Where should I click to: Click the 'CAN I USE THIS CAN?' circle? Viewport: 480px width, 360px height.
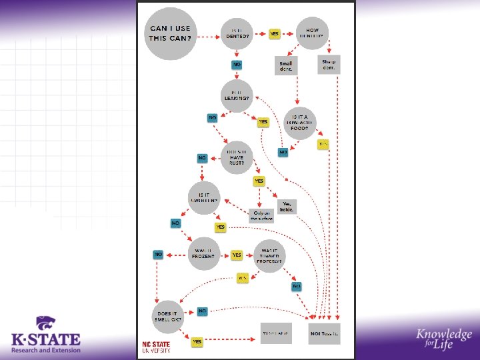[x=171, y=33]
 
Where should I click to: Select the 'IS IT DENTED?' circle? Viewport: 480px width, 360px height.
[x=237, y=33]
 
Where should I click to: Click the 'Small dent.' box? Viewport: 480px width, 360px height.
[x=285, y=65]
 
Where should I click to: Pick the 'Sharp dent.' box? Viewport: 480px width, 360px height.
[x=328, y=65]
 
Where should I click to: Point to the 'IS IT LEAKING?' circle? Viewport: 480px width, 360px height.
[x=237, y=95]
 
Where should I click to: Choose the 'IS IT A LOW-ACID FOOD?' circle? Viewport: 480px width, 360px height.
[x=299, y=122]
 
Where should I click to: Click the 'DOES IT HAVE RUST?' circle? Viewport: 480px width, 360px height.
[x=238, y=156]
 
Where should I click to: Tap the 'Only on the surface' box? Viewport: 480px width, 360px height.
[x=261, y=215]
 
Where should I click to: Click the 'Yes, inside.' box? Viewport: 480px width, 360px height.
[x=287, y=207]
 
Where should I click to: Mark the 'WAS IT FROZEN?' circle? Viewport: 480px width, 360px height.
[x=204, y=254]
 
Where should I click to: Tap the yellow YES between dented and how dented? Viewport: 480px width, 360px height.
[x=274, y=33]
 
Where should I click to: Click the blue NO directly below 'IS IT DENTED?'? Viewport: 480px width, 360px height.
[x=237, y=64]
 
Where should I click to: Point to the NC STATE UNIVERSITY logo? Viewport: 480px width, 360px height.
[x=156, y=347]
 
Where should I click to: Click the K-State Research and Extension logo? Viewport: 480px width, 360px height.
[x=45, y=335]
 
